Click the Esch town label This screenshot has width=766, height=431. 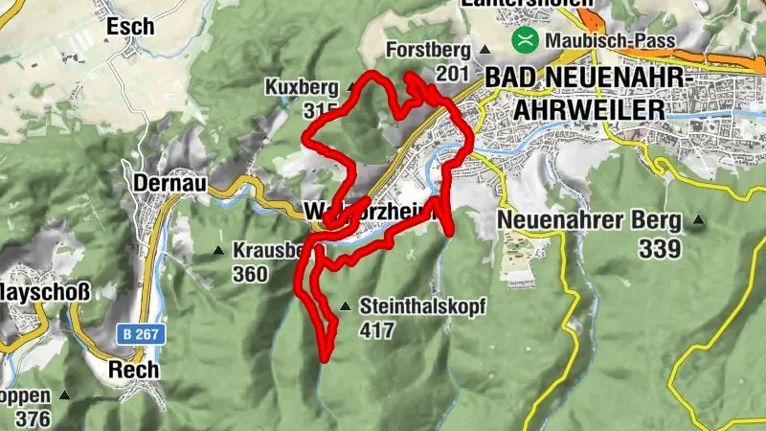point(130,27)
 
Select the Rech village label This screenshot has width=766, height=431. point(133,370)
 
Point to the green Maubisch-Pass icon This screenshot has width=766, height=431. point(525,40)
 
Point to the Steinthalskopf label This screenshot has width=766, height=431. point(424,307)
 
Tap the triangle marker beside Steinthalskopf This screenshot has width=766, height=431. point(346,307)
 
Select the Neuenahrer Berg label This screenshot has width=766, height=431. point(590,221)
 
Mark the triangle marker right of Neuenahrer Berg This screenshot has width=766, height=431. point(697,222)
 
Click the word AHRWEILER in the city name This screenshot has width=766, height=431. point(588,109)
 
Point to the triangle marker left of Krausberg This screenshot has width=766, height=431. point(218,251)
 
